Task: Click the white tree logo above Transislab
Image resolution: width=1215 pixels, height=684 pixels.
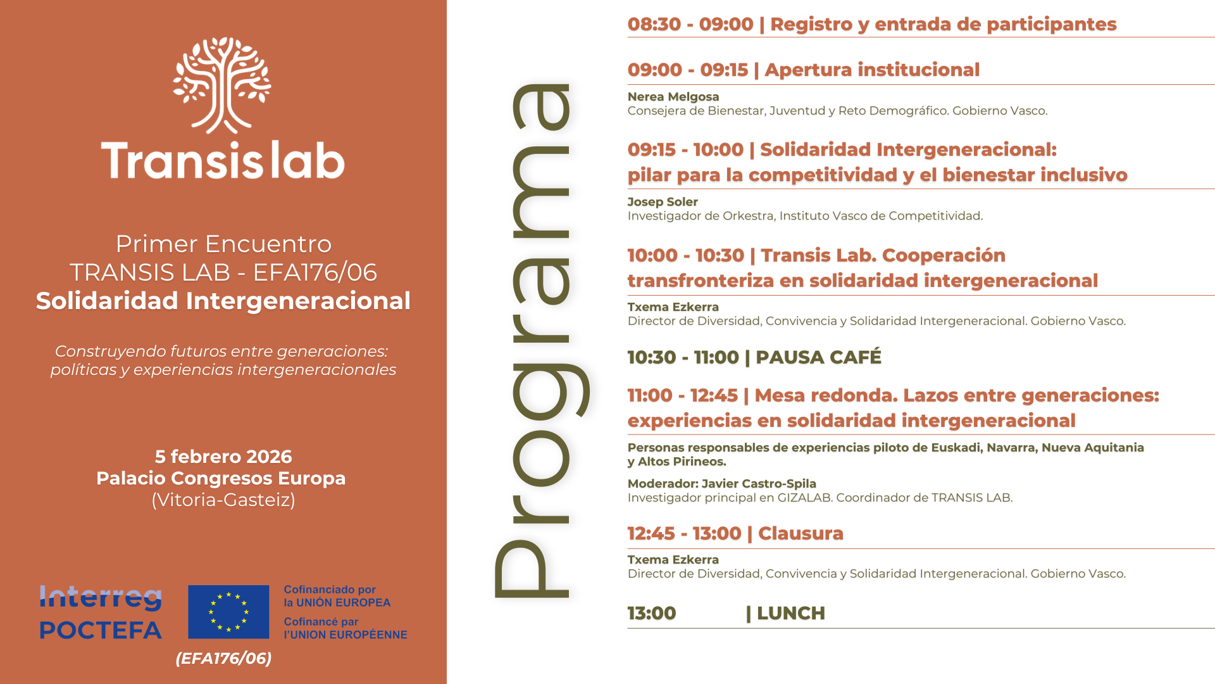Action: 222,85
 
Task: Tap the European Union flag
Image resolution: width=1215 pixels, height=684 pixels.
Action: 228,612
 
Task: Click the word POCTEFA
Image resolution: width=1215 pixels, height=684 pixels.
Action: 101,630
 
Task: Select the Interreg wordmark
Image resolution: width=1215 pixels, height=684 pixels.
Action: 101,597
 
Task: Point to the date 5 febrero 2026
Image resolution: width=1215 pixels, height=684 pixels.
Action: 223,457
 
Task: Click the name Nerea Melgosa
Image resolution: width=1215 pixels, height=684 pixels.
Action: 673,97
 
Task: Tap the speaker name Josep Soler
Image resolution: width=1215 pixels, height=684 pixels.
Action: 663,202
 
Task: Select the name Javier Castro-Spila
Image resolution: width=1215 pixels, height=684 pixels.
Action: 759,484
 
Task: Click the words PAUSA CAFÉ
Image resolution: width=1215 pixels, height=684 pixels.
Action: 818,357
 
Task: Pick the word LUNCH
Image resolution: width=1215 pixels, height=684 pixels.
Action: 791,613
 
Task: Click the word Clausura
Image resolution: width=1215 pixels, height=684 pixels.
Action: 801,533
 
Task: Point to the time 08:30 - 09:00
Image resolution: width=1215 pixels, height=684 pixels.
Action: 690,24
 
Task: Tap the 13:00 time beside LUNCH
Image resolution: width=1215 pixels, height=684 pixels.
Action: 652,613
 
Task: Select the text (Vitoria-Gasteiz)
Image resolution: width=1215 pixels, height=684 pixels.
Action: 223,500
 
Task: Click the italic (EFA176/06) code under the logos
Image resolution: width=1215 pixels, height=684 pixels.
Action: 223,659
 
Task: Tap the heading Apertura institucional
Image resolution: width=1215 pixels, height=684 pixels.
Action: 872,70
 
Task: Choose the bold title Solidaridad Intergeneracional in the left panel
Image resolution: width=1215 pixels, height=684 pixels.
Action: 223,301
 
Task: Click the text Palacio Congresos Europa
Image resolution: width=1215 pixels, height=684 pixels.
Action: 221,478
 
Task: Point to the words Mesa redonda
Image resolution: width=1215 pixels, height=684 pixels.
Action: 826,395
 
